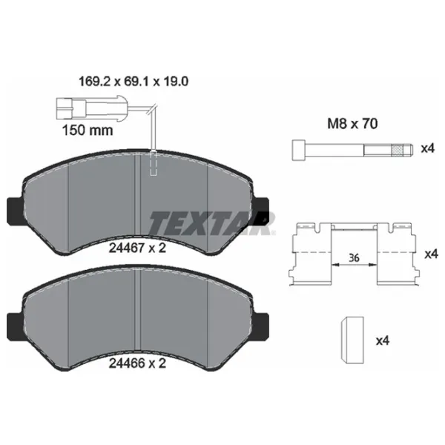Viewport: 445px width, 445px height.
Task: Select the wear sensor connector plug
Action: (70, 106)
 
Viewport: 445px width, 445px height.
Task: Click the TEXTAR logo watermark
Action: (212, 222)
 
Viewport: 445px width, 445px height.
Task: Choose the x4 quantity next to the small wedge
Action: (383, 341)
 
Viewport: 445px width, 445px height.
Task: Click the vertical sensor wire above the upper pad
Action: (152, 130)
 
